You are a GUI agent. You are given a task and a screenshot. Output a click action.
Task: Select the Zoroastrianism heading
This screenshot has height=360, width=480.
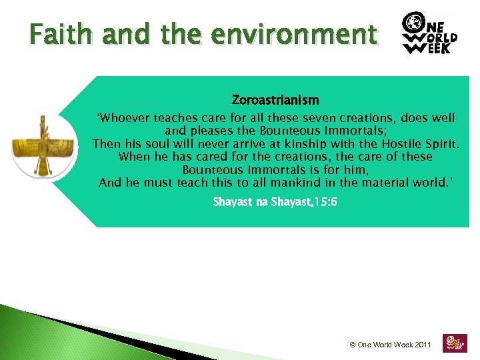pyautogui.click(x=275, y=100)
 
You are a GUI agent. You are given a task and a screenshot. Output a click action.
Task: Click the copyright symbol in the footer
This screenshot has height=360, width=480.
pyautogui.click(x=353, y=345)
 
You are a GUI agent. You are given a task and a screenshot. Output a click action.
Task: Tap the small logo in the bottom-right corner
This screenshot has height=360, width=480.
pyautogui.click(x=455, y=343)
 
